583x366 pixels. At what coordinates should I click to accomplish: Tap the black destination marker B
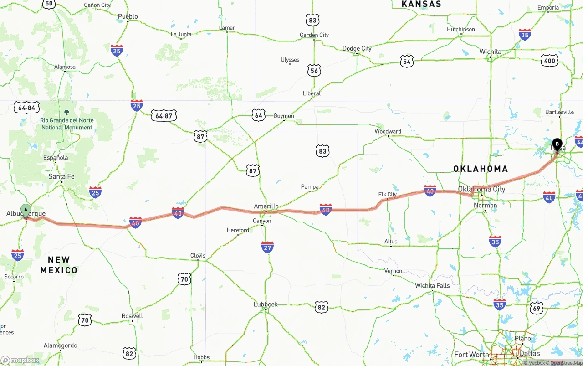(557, 145)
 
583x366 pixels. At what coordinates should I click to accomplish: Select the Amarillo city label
(266, 206)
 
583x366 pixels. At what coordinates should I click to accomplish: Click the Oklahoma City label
(481, 189)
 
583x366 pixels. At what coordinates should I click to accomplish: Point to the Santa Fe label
(61, 176)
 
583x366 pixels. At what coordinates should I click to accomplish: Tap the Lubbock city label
(266, 304)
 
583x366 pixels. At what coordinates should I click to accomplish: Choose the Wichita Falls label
(432, 286)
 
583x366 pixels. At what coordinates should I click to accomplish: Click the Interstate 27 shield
(267, 247)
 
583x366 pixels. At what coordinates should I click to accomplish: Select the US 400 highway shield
(550, 61)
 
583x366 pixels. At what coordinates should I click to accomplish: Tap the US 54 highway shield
(407, 62)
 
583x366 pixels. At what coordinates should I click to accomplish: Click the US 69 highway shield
(537, 308)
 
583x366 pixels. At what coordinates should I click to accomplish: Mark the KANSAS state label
(421, 4)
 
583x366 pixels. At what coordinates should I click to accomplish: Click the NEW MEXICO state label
(59, 265)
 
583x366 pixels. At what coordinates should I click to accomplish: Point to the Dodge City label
(357, 48)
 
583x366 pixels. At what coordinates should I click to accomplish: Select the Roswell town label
(132, 316)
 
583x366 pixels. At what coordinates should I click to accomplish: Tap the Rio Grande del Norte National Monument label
(67, 124)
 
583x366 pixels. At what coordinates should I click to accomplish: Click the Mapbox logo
(20, 360)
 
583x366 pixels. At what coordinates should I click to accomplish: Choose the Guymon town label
(284, 116)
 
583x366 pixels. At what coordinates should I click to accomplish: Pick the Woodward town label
(388, 131)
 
